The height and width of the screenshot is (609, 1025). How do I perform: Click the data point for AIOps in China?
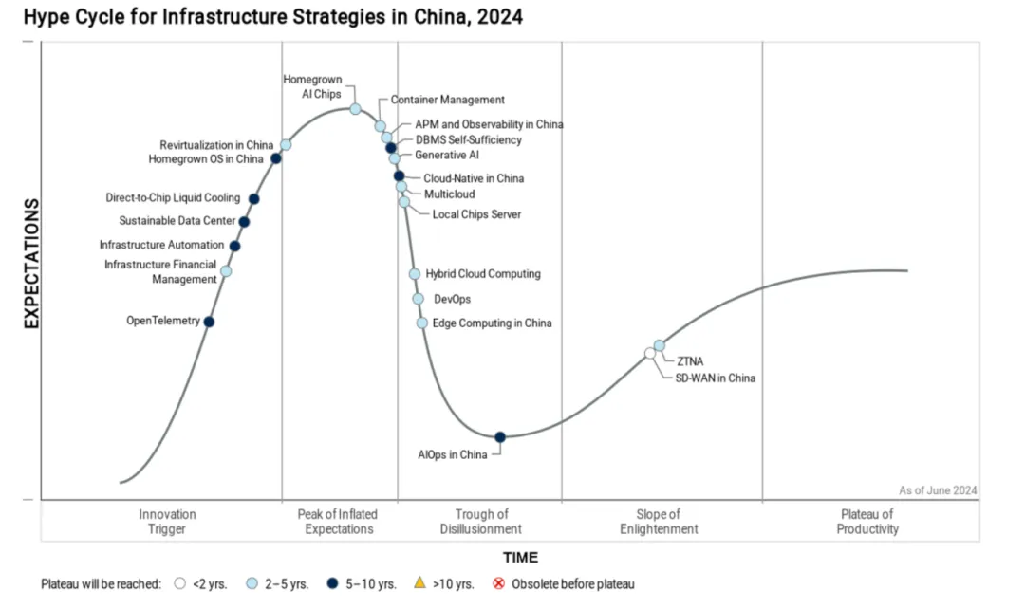(500, 436)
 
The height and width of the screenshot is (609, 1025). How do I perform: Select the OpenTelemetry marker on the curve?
(209, 322)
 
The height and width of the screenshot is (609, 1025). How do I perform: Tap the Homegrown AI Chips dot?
(355, 109)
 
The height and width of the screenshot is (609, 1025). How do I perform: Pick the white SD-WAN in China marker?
(650, 353)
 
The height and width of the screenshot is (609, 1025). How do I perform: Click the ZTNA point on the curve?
(660, 345)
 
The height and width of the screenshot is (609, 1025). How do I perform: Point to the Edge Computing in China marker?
(422, 323)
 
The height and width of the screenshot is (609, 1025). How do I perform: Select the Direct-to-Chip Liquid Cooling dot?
(253, 199)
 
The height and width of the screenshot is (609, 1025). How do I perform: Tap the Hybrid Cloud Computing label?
(483, 274)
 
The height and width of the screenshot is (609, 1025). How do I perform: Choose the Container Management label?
(448, 100)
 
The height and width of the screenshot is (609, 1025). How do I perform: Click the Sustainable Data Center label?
(177, 221)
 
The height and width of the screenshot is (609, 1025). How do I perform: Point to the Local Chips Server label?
(476, 214)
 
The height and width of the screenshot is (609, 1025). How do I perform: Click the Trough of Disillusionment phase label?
(481, 522)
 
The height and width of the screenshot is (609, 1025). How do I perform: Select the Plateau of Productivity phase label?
(867, 522)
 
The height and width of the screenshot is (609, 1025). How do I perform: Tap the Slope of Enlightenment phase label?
(659, 522)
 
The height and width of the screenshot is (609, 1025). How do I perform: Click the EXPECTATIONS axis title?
(31, 263)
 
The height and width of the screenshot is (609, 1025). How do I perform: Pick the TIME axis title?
(520, 558)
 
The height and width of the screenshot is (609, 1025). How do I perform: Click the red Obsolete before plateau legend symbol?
(499, 583)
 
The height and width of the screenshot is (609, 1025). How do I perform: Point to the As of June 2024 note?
(938, 490)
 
